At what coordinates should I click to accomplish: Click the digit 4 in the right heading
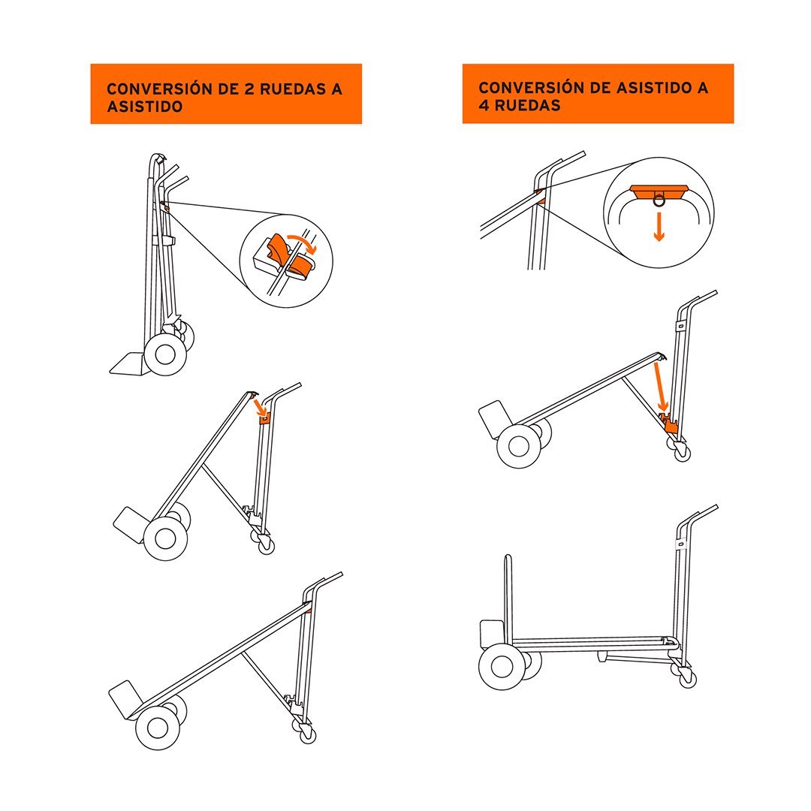(484, 106)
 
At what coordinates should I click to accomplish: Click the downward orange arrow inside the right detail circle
(659, 227)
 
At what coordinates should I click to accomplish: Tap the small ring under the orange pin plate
(659, 200)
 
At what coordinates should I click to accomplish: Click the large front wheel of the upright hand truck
(165, 354)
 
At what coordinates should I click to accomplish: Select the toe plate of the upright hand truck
(127, 363)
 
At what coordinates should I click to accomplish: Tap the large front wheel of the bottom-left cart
(158, 728)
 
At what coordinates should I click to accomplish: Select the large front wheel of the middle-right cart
(519, 446)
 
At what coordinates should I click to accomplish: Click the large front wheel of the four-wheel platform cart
(501, 666)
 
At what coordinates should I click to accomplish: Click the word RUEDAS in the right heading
(528, 106)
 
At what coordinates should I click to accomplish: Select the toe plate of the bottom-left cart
(125, 699)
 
